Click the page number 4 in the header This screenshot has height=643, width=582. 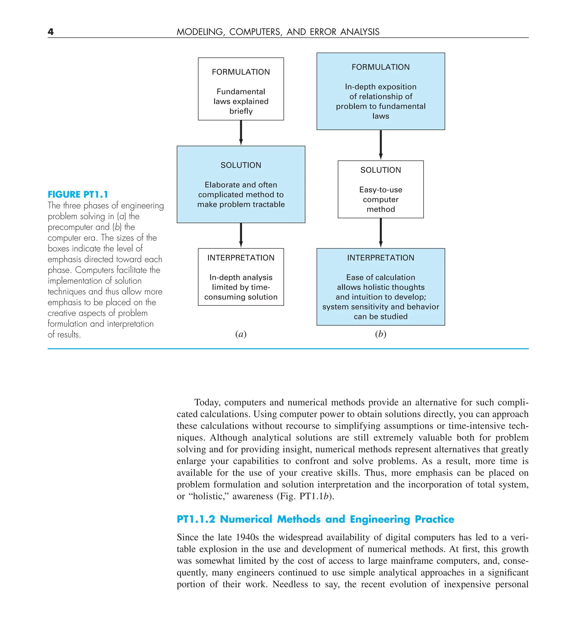pyautogui.click(x=51, y=32)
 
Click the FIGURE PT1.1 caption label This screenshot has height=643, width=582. pyautogui.click(x=78, y=194)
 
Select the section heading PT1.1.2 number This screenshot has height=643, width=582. pyautogui.click(x=196, y=519)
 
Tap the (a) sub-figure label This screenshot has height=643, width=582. pyautogui.click(x=241, y=334)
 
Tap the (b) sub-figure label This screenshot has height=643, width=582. pyautogui.click(x=381, y=334)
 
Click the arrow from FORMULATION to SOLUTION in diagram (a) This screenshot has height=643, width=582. pyautogui.click(x=241, y=133)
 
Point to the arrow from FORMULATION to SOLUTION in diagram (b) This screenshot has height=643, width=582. pyautogui.click(x=381, y=145)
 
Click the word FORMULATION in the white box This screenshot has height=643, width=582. pyautogui.click(x=241, y=72)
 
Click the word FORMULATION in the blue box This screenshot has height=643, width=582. pyautogui.click(x=381, y=67)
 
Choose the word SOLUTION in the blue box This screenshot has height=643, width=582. pyautogui.click(x=241, y=165)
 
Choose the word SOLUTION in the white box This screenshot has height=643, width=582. pyautogui.click(x=381, y=170)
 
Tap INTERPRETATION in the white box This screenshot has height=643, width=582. pyautogui.click(x=241, y=258)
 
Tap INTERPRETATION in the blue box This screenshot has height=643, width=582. pyautogui.click(x=381, y=258)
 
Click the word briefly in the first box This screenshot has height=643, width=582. pyautogui.click(x=241, y=111)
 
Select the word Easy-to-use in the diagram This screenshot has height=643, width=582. pyautogui.click(x=381, y=190)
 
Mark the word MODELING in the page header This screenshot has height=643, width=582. pyautogui.click(x=201, y=32)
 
